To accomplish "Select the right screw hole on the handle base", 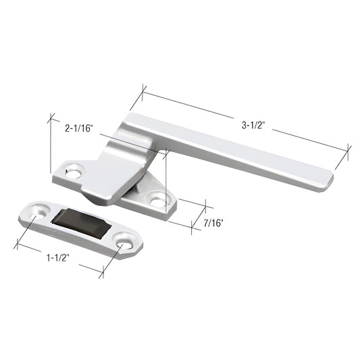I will tap(158, 200).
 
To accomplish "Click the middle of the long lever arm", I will tap(236, 150).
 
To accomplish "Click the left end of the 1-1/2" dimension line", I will tap(18, 245).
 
